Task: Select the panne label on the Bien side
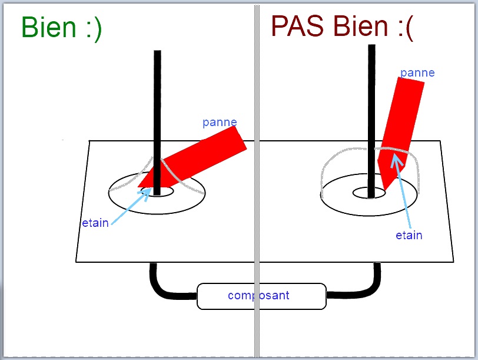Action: (x=220, y=123)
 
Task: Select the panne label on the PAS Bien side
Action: (x=417, y=73)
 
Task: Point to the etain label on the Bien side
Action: (x=95, y=223)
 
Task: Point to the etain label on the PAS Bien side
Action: (x=409, y=236)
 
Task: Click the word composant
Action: (x=258, y=295)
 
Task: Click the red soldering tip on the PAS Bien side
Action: (x=400, y=118)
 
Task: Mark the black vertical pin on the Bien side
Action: (x=157, y=106)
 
